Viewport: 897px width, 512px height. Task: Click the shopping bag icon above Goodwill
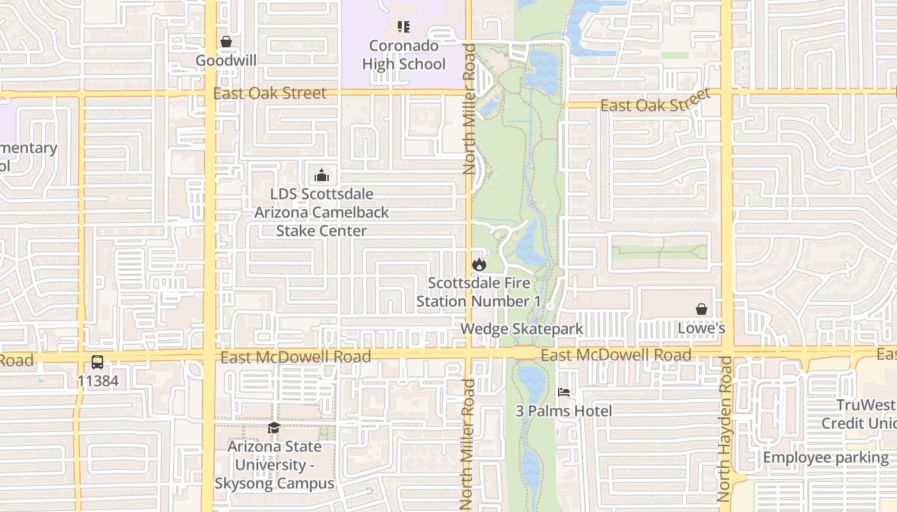[226, 42]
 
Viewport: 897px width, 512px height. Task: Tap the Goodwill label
[226, 61]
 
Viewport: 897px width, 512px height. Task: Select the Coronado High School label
[404, 55]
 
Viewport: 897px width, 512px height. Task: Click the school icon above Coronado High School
[404, 27]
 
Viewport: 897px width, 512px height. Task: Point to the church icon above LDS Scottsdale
[322, 175]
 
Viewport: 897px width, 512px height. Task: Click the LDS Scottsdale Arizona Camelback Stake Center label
[322, 212]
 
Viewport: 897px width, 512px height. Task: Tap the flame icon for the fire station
[479, 264]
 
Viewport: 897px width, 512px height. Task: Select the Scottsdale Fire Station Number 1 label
[479, 292]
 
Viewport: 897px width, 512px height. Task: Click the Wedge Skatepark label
[522, 329]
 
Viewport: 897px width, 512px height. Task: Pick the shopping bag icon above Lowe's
[702, 309]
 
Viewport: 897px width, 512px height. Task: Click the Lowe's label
[702, 328]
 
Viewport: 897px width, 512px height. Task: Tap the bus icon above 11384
[97, 362]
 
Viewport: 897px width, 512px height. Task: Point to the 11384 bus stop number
[97, 381]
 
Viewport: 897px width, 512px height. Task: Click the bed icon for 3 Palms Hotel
[564, 392]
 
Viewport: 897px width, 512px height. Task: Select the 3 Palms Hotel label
[564, 411]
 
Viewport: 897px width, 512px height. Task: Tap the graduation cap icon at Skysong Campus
[274, 428]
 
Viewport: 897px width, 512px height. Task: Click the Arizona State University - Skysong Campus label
[274, 465]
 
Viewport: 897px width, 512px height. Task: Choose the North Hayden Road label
[725, 429]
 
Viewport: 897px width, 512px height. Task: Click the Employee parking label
[825, 458]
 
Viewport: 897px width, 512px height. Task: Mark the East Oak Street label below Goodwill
[270, 93]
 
